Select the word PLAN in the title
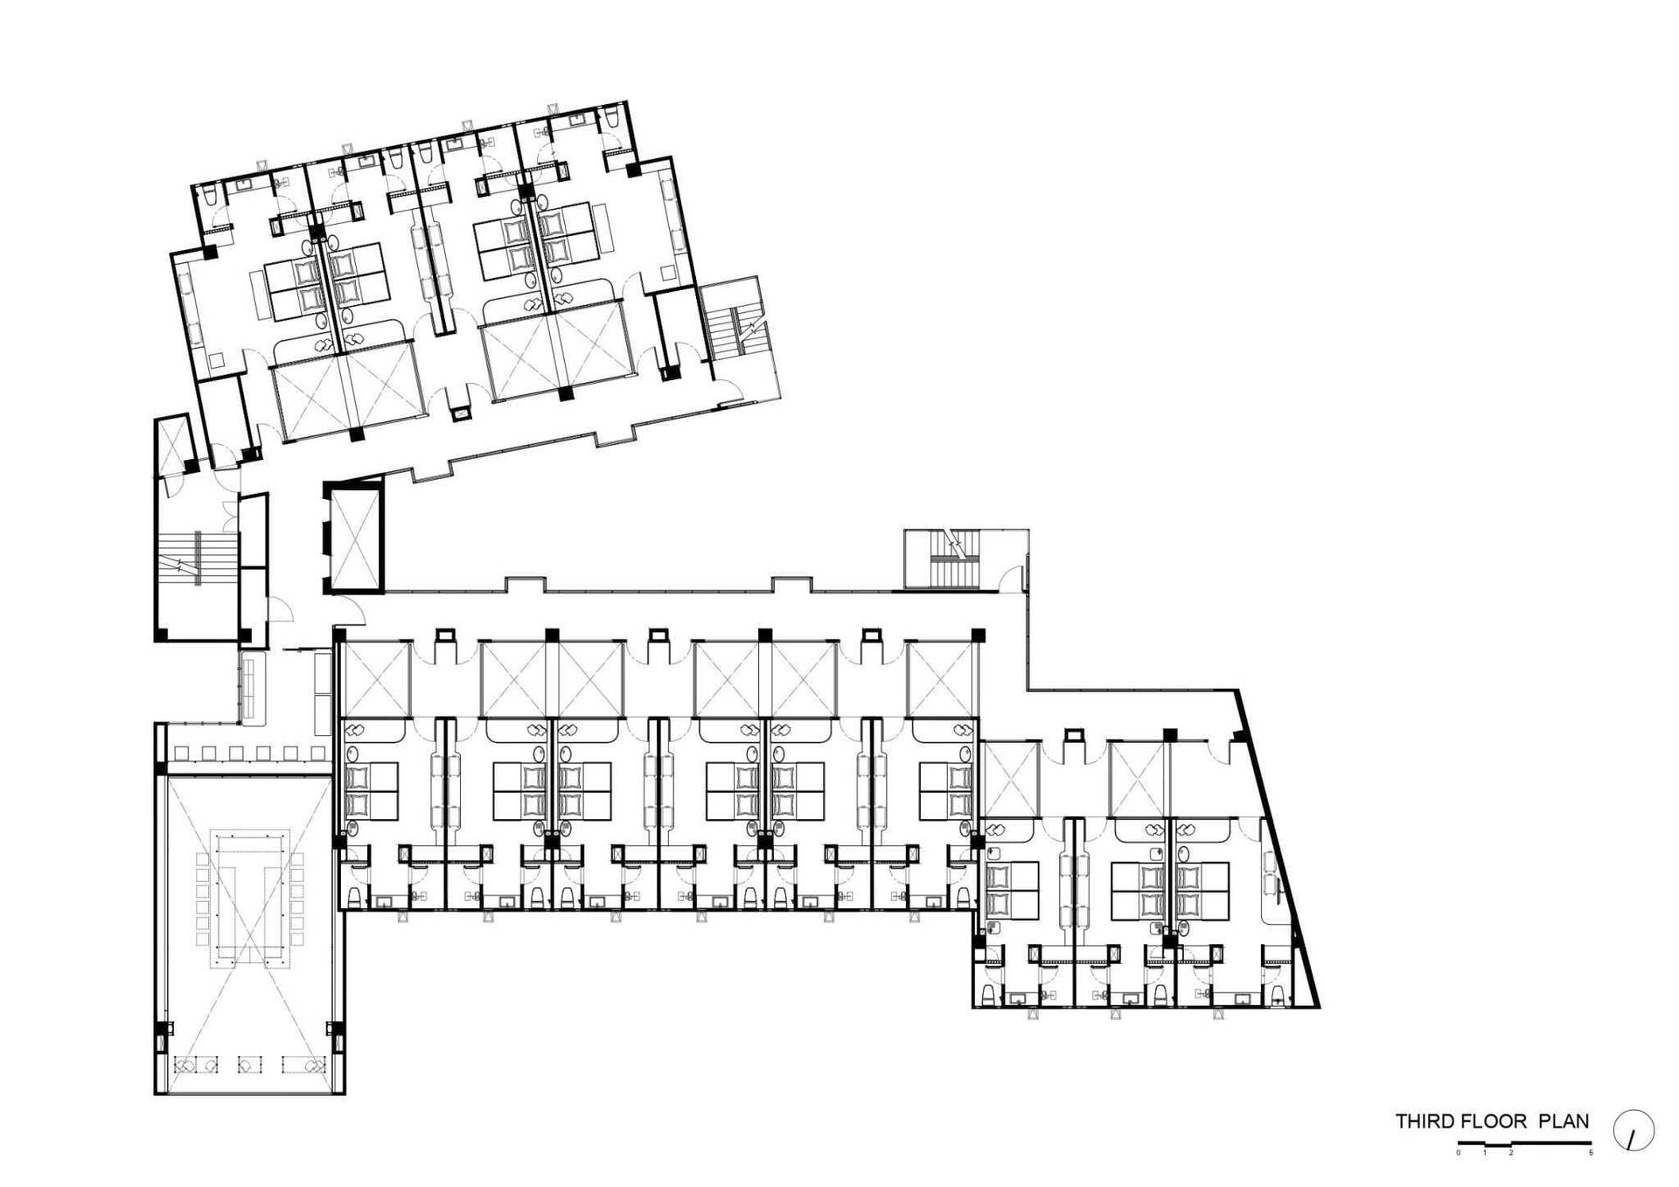pyautogui.click(x=1564, y=1121)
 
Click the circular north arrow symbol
pyautogui.click(x=1634, y=1131)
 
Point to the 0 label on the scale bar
pyautogui.click(x=1458, y=1153)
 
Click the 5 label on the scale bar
pyautogui.click(x=1591, y=1153)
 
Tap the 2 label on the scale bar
pyautogui.click(x=1511, y=1153)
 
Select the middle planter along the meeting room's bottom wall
pyautogui.click(x=250, y=1066)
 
